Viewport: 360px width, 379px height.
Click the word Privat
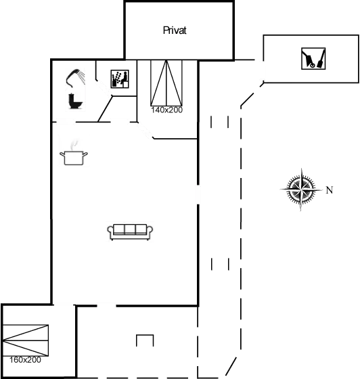(x=175, y=30)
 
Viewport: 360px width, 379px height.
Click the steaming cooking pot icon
(x=74, y=152)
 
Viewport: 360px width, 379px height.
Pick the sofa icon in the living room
(x=130, y=231)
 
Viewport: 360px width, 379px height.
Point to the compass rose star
(x=298, y=189)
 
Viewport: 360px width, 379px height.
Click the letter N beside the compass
(x=330, y=190)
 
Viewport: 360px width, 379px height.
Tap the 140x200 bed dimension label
(x=166, y=109)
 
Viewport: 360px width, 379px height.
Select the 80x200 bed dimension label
(x=26, y=359)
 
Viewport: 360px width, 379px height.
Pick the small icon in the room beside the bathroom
(x=118, y=79)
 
